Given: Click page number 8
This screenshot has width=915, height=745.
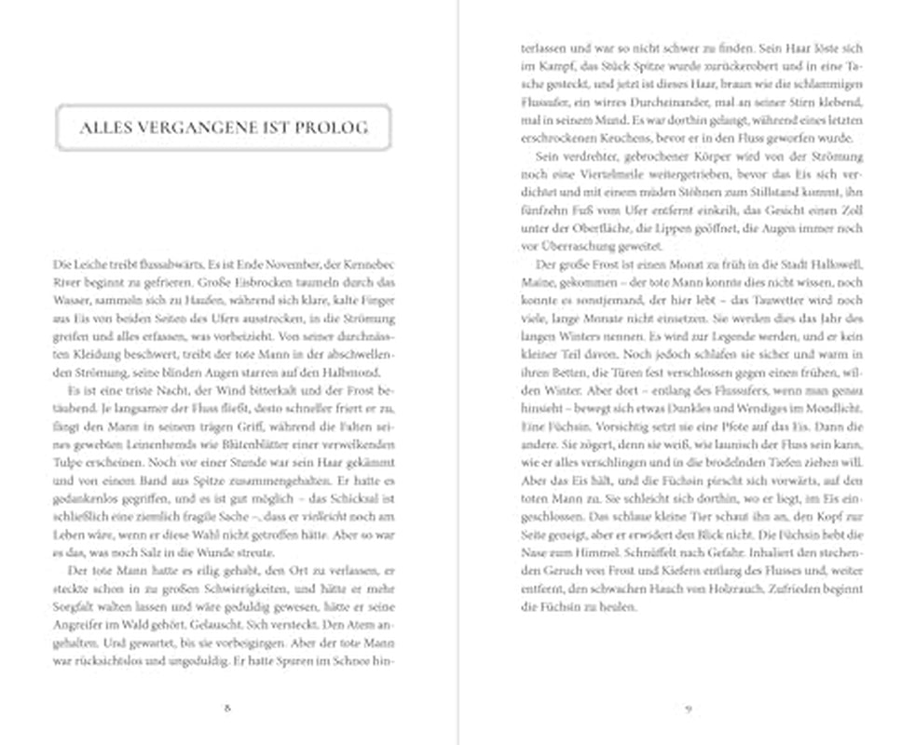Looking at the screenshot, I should coord(228,707).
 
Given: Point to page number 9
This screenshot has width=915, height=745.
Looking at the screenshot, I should coord(687,707).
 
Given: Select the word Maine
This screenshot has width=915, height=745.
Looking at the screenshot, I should coord(538,282).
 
